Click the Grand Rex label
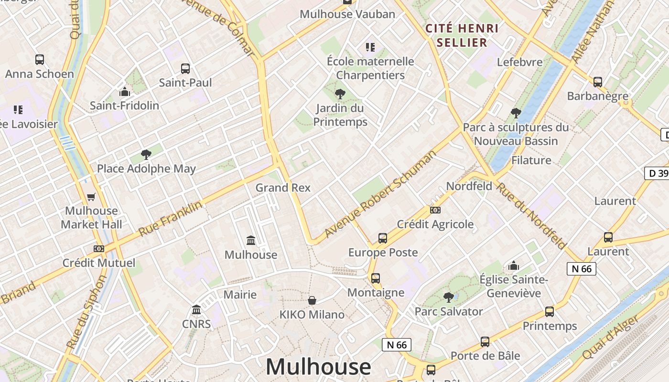click(x=283, y=188)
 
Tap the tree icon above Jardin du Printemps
click(x=340, y=94)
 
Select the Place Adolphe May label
click(x=146, y=169)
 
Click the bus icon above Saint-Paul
click(x=185, y=68)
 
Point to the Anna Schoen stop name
click(x=40, y=74)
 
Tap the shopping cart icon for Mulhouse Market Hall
click(x=91, y=197)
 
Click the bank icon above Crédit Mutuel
click(x=99, y=248)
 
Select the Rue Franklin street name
click(x=171, y=218)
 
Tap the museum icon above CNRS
click(x=196, y=310)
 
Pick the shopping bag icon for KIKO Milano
click(x=312, y=300)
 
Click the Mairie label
click(x=240, y=295)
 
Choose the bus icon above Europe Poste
click(x=382, y=238)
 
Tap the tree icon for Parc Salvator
click(x=448, y=297)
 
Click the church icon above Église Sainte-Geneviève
click(x=514, y=265)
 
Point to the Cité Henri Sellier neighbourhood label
click(x=462, y=35)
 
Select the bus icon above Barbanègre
click(x=598, y=82)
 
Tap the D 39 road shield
click(x=658, y=173)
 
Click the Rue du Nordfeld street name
click(x=530, y=216)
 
